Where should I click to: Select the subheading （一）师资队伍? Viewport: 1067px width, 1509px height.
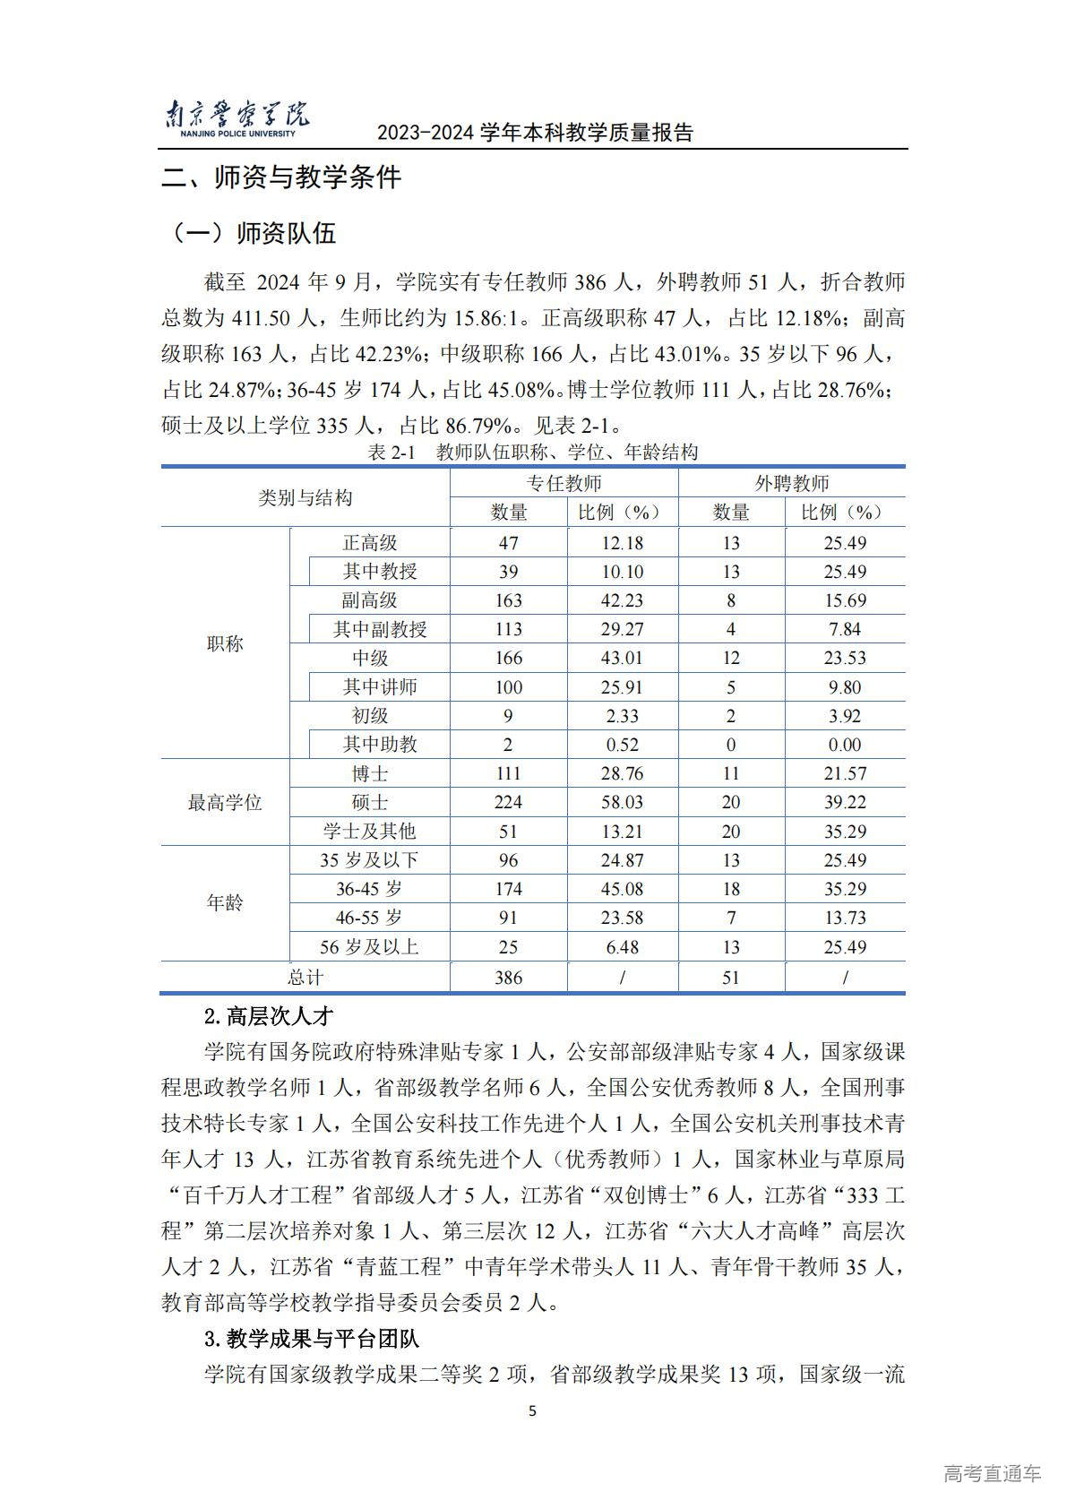pyautogui.click(x=254, y=233)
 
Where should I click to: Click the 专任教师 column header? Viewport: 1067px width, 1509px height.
pyautogui.click(x=564, y=483)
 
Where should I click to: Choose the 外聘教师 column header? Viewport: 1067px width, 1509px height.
pyautogui.click(x=791, y=483)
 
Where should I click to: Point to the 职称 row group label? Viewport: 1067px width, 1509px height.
pyautogui.click(x=225, y=643)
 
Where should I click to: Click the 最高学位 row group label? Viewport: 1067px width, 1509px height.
pyautogui.click(x=225, y=802)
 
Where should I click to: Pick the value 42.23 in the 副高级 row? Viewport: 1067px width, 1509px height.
pyautogui.click(x=622, y=600)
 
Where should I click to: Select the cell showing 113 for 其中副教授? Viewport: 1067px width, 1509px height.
pyautogui.click(x=508, y=629)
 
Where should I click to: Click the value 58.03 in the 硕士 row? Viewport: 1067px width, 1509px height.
pyautogui.click(x=622, y=802)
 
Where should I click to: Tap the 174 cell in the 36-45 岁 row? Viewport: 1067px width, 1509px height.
pyautogui.click(x=508, y=889)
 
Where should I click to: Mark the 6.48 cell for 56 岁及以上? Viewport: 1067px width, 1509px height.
pyautogui.click(x=622, y=947)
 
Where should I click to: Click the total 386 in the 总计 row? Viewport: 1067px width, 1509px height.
pyautogui.click(x=508, y=978)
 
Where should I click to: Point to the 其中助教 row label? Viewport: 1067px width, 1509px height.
pyautogui.click(x=380, y=745)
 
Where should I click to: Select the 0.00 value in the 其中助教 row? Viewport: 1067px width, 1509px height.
pyautogui.click(x=845, y=745)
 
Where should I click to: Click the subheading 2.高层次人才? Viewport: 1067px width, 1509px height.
pyautogui.click(x=269, y=1016)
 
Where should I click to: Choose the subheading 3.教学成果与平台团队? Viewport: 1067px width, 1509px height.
pyautogui.click(x=312, y=1340)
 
